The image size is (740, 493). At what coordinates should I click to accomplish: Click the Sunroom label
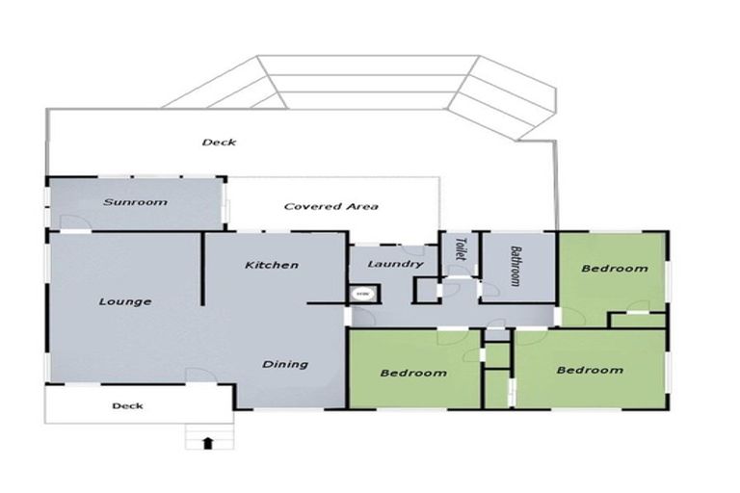click(136, 202)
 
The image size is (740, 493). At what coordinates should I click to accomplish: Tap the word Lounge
click(125, 301)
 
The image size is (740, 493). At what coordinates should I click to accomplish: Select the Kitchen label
click(271, 265)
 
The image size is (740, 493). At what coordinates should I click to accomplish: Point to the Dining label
click(285, 364)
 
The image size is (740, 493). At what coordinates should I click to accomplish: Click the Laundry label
click(394, 264)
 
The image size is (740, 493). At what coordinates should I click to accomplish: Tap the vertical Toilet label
click(460, 250)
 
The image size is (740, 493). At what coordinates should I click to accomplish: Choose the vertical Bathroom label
click(516, 265)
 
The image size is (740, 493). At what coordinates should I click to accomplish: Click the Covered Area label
click(330, 206)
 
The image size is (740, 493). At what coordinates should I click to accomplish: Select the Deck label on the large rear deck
click(219, 143)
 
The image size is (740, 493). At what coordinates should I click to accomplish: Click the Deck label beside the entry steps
click(127, 405)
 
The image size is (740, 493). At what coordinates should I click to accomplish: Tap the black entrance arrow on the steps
click(207, 442)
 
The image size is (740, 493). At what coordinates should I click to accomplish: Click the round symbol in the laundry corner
click(363, 293)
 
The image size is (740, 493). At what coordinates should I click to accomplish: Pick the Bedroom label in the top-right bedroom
click(615, 269)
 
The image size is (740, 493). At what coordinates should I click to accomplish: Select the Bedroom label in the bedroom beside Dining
click(412, 373)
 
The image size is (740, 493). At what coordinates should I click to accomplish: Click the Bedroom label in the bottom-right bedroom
click(589, 370)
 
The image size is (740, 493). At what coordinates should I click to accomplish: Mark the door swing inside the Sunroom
click(72, 221)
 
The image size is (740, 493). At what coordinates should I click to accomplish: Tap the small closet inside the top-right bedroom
click(637, 320)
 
